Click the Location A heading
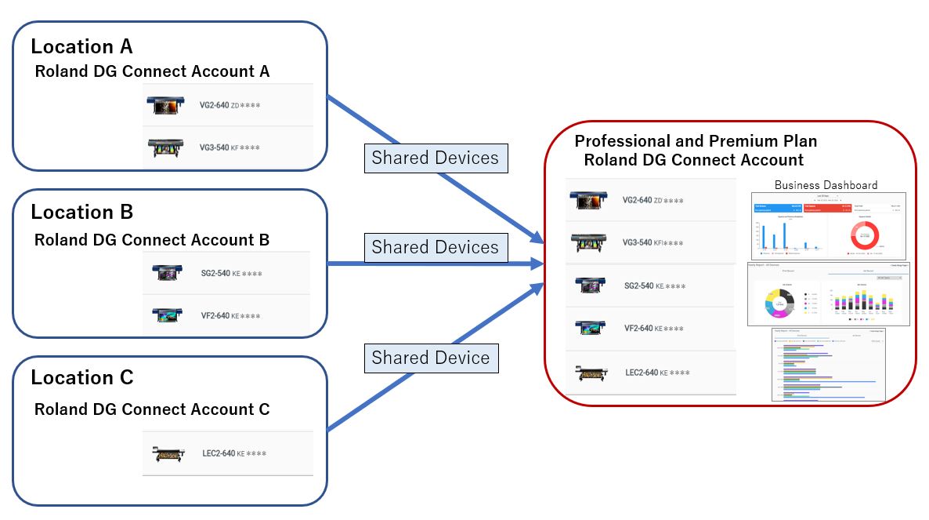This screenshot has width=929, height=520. click(81, 47)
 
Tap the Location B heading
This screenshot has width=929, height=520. click(81, 213)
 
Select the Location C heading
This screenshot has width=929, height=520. click(81, 378)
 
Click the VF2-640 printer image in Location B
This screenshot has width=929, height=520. click(168, 316)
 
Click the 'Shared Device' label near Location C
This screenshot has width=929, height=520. click(431, 358)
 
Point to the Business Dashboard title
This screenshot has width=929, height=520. click(826, 185)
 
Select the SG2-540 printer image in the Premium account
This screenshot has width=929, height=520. click(589, 285)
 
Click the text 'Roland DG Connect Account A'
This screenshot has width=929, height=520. click(152, 71)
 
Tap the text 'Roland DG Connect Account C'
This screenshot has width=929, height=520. click(152, 409)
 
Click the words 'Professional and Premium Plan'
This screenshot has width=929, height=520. click(696, 142)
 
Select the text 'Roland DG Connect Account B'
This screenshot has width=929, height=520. click(152, 240)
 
